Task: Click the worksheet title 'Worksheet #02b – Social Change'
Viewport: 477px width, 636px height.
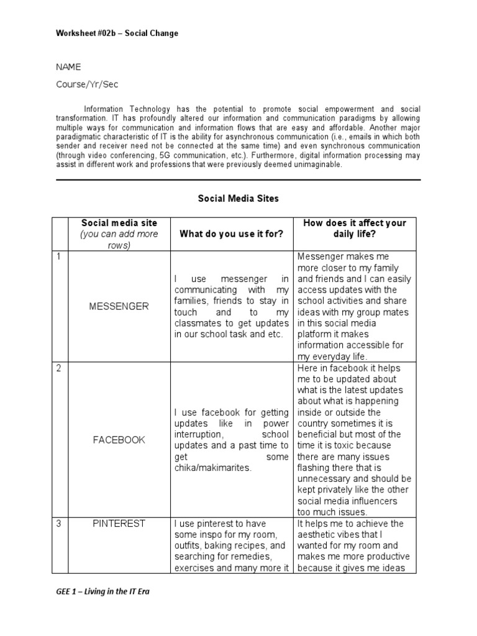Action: (x=117, y=33)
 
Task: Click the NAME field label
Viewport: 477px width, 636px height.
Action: (x=68, y=67)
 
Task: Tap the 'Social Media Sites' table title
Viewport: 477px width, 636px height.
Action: (x=238, y=199)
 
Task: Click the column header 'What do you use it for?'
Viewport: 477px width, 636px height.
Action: (x=231, y=234)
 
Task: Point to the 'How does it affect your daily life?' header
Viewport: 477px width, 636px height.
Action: (x=353, y=229)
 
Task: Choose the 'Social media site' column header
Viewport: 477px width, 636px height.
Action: (x=119, y=223)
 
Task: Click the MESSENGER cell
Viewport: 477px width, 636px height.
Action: (x=119, y=306)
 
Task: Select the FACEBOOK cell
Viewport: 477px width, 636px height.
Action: (x=119, y=440)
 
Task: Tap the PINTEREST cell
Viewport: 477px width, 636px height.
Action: (x=119, y=524)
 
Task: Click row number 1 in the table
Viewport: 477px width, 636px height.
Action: (x=58, y=257)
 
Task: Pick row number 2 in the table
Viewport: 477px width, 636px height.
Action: (x=58, y=369)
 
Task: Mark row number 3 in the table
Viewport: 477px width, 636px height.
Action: (x=58, y=524)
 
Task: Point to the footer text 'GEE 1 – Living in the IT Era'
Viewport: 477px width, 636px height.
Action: (x=103, y=591)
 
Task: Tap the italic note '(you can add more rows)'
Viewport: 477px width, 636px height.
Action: (x=119, y=240)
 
